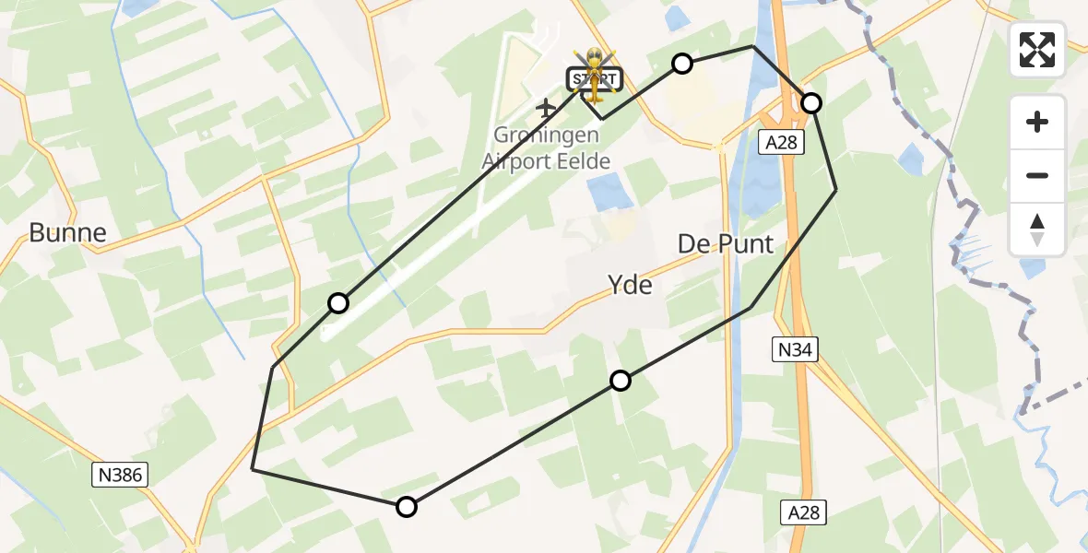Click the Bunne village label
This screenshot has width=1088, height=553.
tap(67, 232)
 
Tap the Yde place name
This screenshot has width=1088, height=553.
tap(630, 286)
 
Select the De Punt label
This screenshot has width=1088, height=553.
tap(725, 244)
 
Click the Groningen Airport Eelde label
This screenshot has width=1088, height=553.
tap(546, 148)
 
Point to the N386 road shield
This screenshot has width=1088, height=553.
tap(121, 475)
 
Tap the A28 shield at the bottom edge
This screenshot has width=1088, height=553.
tap(802, 512)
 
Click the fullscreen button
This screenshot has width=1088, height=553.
tap(1037, 50)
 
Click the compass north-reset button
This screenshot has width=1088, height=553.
tap(1037, 229)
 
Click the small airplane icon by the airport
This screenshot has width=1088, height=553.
tap(546, 108)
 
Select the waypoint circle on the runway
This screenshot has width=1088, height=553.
tap(338, 303)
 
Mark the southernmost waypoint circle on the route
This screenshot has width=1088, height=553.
tap(407, 506)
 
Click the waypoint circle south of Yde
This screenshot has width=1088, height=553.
tap(621, 381)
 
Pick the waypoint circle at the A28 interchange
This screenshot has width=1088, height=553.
tap(811, 102)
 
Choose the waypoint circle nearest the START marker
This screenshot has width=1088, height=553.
tap(681, 63)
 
